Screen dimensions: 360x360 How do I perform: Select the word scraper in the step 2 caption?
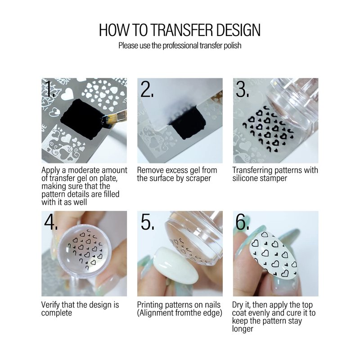(x=198, y=179)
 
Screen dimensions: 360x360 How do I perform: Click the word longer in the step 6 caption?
(x=243, y=329)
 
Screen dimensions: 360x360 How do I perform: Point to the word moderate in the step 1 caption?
(x=84, y=171)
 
